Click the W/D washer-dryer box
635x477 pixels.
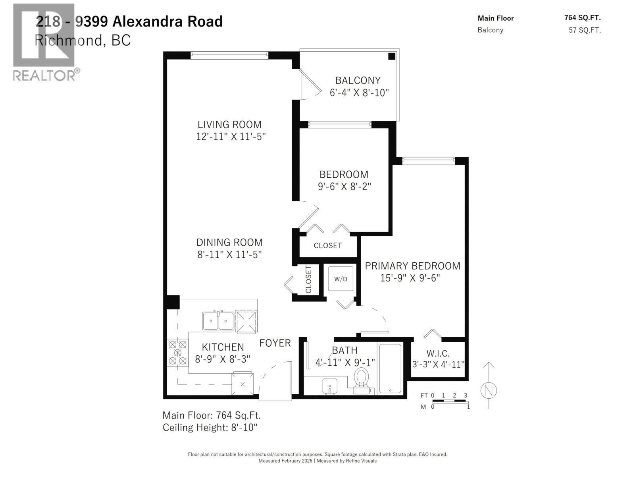[x=341, y=279]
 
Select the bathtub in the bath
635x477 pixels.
[x=390, y=368]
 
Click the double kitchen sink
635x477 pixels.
[x=218, y=320]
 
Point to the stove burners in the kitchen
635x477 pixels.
[x=177, y=353]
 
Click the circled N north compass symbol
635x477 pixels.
[x=489, y=391]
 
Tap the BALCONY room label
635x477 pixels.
[x=358, y=80]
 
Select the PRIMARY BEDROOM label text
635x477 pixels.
[x=413, y=266]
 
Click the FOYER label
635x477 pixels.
[x=275, y=343]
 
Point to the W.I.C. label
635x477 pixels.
[x=438, y=353]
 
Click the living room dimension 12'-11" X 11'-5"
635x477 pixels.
[x=231, y=137]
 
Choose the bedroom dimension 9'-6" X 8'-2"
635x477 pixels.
[x=344, y=186]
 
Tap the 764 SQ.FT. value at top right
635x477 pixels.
[x=582, y=17]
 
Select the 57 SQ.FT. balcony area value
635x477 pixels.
[x=585, y=30]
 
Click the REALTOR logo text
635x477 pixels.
[x=44, y=75]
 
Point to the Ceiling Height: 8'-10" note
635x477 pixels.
[x=210, y=428]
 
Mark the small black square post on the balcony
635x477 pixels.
[x=392, y=56]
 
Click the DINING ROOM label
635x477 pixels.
[x=229, y=242]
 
